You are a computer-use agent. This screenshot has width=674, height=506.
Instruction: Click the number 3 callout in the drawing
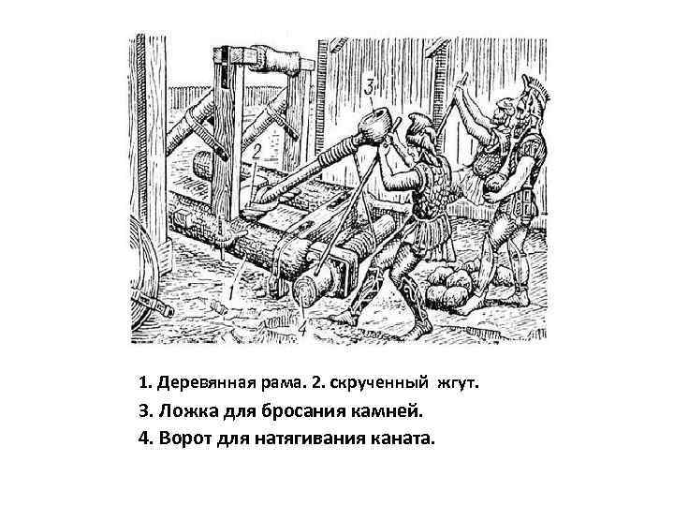[x=370, y=87]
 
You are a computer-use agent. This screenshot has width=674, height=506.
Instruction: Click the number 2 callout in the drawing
[x=256, y=151]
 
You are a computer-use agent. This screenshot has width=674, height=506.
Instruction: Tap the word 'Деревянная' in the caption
[x=203, y=383]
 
